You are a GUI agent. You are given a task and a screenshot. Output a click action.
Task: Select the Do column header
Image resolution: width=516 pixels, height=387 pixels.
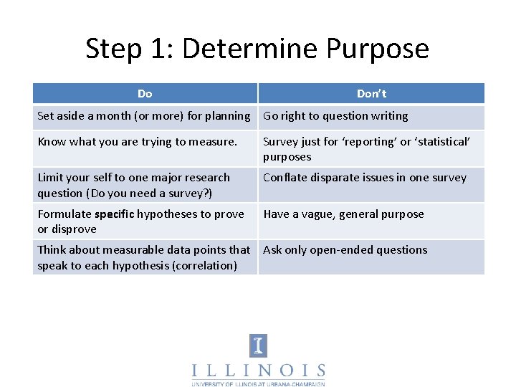145,94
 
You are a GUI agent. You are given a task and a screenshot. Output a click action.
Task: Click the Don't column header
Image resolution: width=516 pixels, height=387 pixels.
371,94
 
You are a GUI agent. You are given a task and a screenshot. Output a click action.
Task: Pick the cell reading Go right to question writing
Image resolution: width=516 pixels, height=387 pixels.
335,116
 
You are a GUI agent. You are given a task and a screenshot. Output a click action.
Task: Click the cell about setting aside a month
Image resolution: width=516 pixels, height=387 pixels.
143,116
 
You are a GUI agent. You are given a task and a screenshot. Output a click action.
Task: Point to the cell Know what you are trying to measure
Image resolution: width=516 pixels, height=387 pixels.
137,142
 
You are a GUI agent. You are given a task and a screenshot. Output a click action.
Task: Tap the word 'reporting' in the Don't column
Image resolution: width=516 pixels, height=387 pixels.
368,142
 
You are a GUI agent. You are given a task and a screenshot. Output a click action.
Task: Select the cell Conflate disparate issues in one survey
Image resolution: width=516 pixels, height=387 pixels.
365,178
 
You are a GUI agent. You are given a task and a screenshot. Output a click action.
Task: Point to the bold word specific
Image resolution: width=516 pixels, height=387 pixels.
115,214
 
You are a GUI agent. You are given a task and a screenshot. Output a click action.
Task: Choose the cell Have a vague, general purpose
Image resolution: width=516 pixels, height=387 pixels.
343,214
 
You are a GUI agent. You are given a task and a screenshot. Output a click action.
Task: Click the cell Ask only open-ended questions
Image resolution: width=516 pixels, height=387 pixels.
345,250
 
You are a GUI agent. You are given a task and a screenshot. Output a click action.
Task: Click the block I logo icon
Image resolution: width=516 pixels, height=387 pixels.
258,345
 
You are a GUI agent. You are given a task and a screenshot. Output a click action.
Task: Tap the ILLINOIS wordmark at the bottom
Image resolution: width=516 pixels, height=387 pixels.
258,371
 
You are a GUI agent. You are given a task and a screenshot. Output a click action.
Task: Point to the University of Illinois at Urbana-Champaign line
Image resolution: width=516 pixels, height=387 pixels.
258,383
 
